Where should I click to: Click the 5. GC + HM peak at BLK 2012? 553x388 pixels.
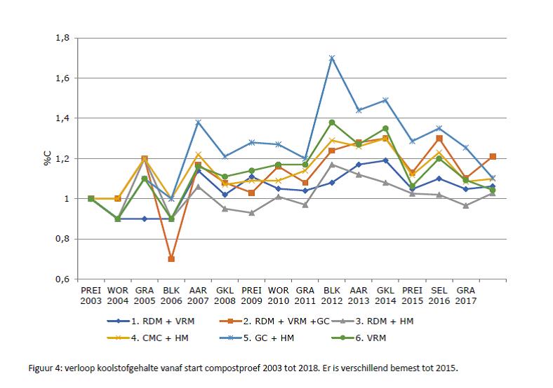(331, 58)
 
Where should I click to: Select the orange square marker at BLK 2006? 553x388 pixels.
(171, 259)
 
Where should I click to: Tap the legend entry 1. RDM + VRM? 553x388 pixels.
(151, 321)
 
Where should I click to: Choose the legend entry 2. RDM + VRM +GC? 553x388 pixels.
(274, 321)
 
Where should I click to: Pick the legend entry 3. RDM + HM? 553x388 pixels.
(373, 321)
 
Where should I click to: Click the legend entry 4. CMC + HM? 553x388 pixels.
(148, 338)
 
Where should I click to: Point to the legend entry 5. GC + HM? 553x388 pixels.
(257, 338)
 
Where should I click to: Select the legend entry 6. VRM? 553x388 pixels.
(359, 338)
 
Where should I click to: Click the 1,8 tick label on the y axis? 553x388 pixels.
(62, 38)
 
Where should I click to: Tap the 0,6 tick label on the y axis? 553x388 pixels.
(62, 279)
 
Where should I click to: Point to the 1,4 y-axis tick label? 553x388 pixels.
(62, 118)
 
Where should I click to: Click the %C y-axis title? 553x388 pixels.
(47, 158)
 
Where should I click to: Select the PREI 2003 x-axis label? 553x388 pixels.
(91, 296)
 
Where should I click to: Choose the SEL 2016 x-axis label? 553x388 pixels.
(439, 296)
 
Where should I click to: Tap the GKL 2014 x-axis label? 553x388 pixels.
(385, 296)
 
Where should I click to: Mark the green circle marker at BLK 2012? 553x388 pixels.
(331, 123)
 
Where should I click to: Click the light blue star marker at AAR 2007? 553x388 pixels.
(198, 122)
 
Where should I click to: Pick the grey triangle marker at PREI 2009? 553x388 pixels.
(251, 213)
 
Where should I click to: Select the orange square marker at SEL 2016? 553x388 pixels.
(439, 139)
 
